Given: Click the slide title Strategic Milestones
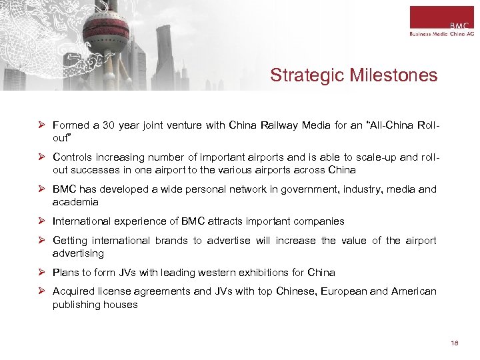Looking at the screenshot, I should (x=353, y=75).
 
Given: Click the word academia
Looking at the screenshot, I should (x=75, y=202).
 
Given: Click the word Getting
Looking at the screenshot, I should (x=70, y=241).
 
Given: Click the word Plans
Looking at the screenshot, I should (x=66, y=273).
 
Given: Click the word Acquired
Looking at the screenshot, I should (x=73, y=292).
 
